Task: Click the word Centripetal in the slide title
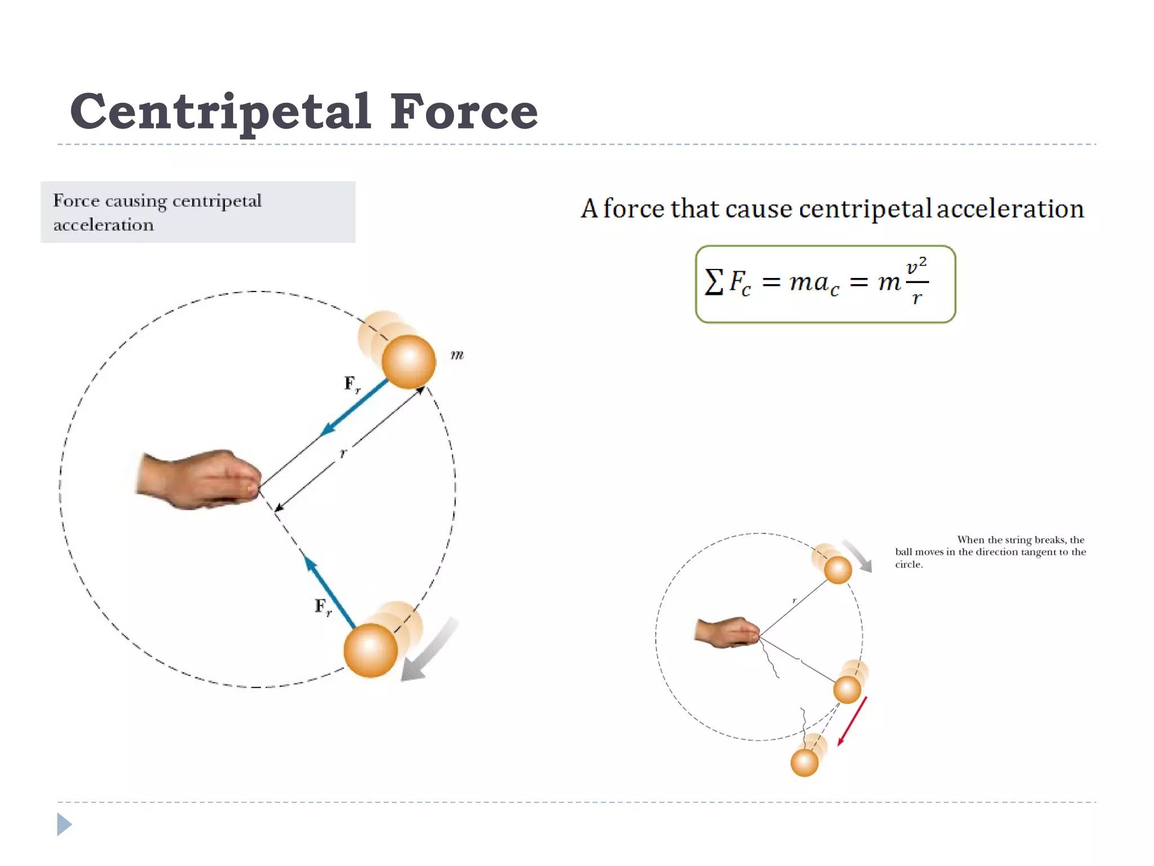(x=220, y=112)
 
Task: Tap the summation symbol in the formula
(x=713, y=281)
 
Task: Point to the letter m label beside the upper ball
(x=457, y=355)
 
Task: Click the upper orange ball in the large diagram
(x=409, y=361)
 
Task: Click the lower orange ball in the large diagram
(x=371, y=650)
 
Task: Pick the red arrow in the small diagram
(x=852, y=721)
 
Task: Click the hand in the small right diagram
(x=727, y=632)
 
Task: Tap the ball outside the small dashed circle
(x=804, y=763)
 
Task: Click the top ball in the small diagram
(x=838, y=569)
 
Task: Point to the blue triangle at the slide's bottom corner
(x=64, y=824)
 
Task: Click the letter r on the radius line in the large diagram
(x=343, y=453)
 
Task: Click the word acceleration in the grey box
(x=103, y=225)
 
